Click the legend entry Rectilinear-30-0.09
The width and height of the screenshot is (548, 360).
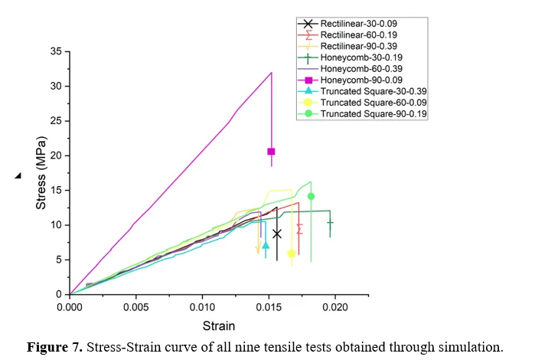(359, 24)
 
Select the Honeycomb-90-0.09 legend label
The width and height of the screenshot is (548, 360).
(361, 80)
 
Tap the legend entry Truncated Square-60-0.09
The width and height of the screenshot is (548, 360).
(373, 103)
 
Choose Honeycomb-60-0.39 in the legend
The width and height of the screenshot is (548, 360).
(361, 69)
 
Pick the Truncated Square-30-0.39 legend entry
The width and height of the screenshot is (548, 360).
(373, 91)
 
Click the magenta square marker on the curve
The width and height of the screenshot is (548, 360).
(271, 152)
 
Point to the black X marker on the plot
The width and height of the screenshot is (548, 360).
(277, 234)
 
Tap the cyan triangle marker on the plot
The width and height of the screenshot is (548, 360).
(266, 245)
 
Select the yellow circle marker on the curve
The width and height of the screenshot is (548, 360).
(292, 254)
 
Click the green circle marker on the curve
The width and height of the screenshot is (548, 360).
(311, 196)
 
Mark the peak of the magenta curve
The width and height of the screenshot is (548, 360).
(272, 73)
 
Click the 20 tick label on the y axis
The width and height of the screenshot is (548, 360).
(57, 155)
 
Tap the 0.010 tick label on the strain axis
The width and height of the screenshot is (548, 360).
(203, 307)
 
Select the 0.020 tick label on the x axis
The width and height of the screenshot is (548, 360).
(335, 307)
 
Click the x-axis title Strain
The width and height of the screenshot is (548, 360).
(219, 326)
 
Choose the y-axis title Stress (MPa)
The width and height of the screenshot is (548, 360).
(41, 173)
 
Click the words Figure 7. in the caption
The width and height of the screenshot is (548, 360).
(55, 348)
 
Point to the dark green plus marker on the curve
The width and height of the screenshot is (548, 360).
(330, 223)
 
